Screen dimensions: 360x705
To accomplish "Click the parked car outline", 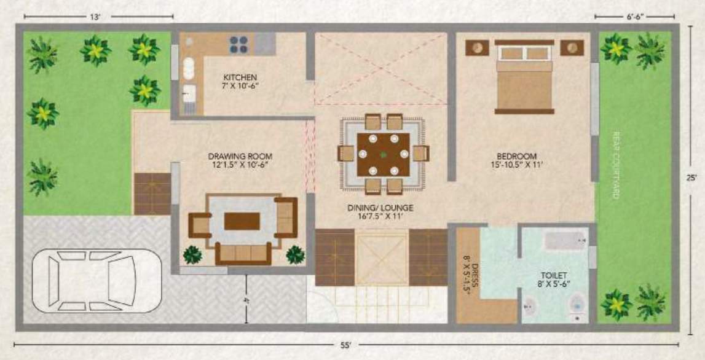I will [x=96, y=280].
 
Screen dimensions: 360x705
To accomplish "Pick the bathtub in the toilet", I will [x=564, y=240].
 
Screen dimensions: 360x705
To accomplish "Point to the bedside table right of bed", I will [x=573, y=47].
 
